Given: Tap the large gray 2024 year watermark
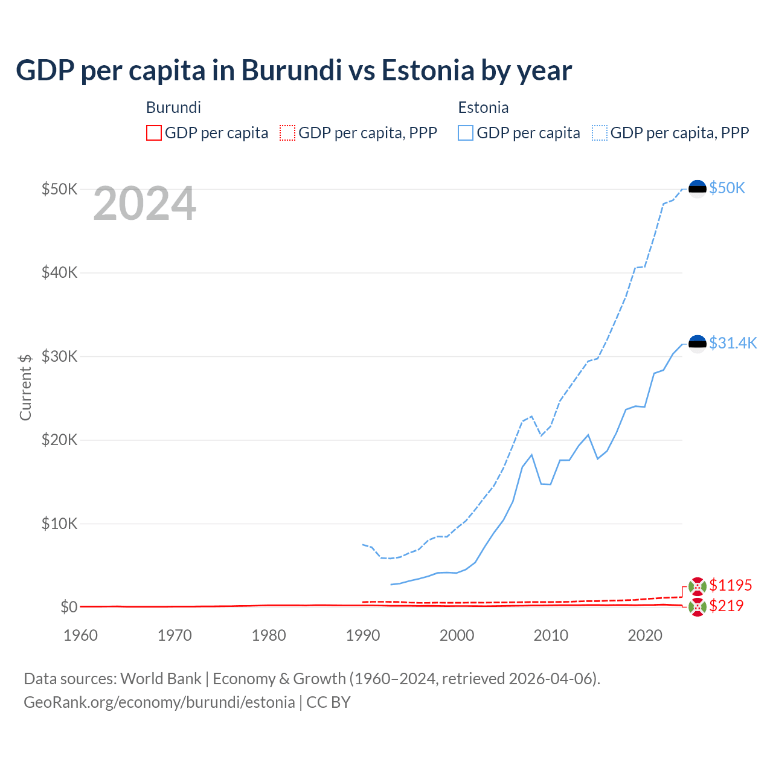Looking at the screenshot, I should pos(144,204).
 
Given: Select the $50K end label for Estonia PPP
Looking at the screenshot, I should pos(727,188).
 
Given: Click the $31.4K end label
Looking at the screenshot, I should pos(733,343).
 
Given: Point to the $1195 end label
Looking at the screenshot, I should pos(730,585).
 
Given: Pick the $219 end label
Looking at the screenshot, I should pos(726,606).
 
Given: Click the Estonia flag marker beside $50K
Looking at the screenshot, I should pos(698,188).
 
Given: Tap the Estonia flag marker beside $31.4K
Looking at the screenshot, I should pos(698,344).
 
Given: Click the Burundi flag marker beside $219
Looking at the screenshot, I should pos(698,608).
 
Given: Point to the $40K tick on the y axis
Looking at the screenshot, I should pos(59,272).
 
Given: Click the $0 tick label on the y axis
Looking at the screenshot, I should pos(69,607).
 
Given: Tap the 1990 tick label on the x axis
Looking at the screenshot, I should pos(363,635).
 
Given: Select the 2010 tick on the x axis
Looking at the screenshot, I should pos(551,635).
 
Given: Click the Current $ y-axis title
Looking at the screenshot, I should pos(25,387).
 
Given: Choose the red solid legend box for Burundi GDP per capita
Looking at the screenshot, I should pos(154,133).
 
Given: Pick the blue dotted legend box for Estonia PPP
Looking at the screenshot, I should pos(600,133).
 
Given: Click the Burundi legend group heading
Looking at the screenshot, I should pos(173,107).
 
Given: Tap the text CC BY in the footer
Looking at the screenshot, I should pos(328,702).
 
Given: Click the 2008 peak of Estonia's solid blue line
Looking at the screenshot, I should pos(531,455).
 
